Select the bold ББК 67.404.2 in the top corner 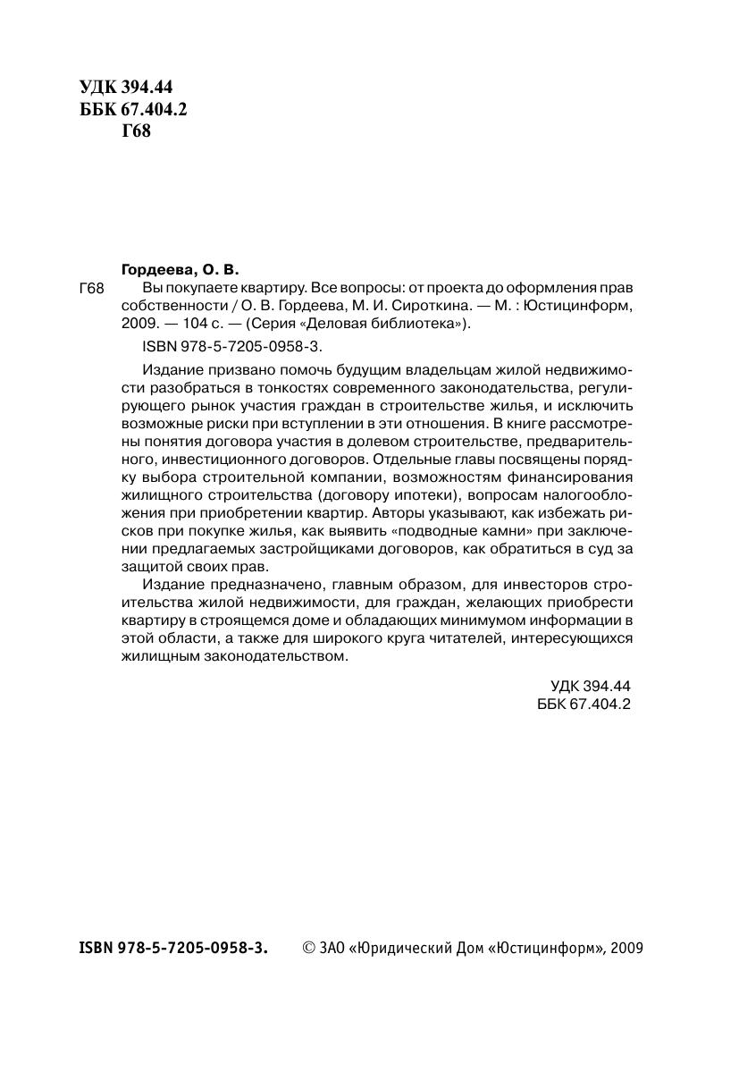tap(133, 110)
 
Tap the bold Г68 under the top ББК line tap(136, 132)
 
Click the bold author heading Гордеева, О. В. tap(181, 268)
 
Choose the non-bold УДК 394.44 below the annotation tap(592, 686)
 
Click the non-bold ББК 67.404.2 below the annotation tap(585, 704)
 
